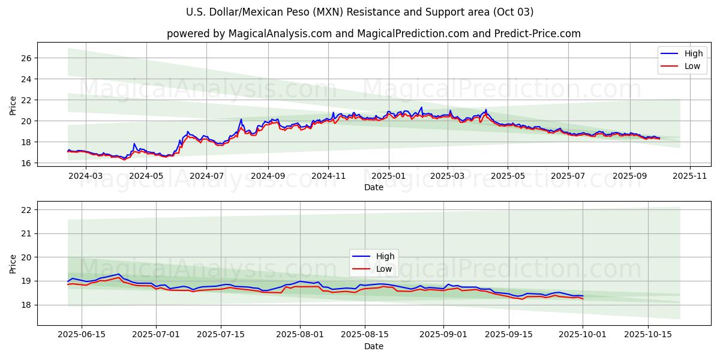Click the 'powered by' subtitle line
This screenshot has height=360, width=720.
(373, 34)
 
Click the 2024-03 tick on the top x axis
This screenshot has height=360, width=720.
(86, 176)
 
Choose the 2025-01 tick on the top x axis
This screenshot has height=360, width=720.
(389, 176)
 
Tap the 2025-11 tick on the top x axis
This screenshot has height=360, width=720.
(690, 176)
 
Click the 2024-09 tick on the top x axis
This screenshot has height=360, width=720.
(268, 176)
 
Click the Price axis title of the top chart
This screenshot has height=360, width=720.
(13, 106)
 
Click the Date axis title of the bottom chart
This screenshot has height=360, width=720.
(373, 346)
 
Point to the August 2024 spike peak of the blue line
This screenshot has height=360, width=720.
(241, 119)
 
